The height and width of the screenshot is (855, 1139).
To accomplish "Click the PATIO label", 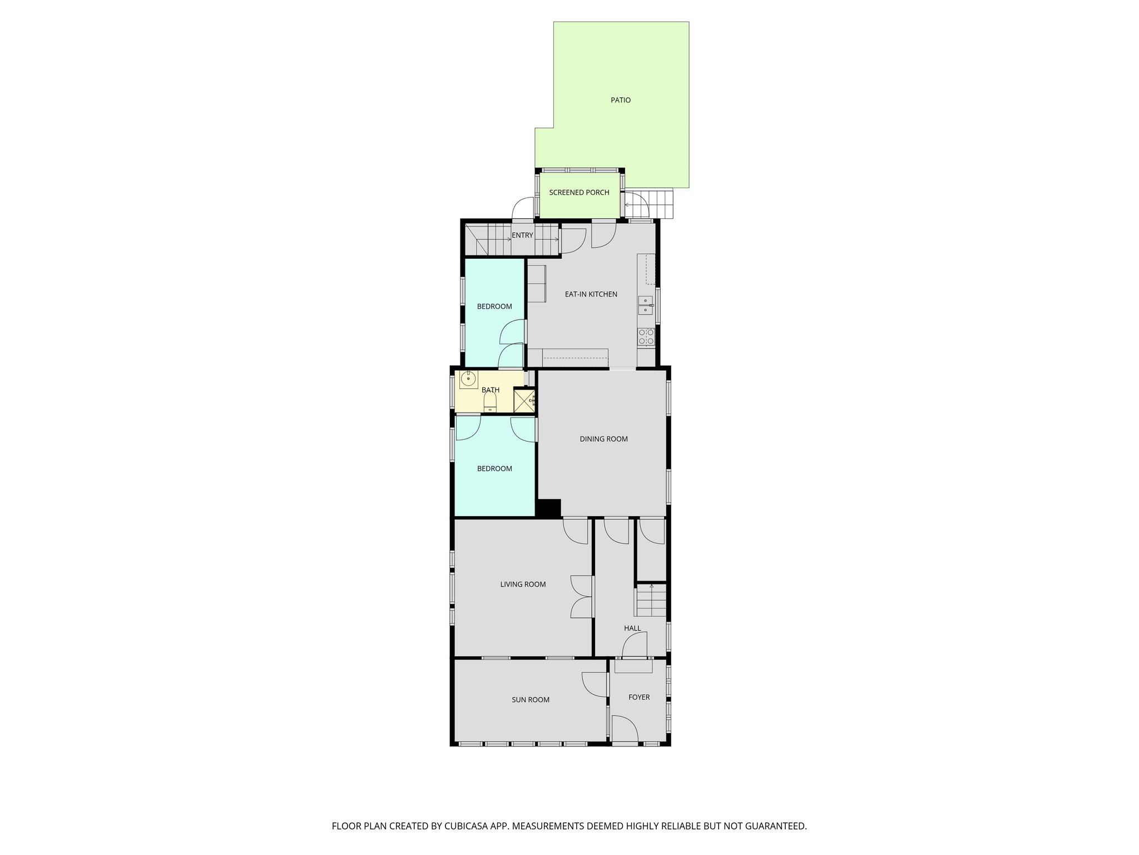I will [621, 100].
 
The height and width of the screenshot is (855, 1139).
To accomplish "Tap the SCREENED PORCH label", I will [579, 193].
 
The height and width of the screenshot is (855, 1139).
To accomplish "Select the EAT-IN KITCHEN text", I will [591, 294].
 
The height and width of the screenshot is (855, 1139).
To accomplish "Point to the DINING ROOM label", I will [603, 439].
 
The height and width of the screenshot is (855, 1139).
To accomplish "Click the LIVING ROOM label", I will [523, 584].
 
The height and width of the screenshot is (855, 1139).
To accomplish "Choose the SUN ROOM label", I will [531, 700].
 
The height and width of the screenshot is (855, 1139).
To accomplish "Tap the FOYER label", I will [639, 697].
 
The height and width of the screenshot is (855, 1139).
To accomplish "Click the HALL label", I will [632, 628].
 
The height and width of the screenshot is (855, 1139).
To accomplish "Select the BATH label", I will [491, 390].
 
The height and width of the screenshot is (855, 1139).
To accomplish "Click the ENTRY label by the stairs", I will [522, 235].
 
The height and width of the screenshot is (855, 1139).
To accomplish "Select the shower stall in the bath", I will [524, 400].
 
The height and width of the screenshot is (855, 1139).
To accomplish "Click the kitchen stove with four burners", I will [646, 336].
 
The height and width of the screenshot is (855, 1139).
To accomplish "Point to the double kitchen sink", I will [646, 305].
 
